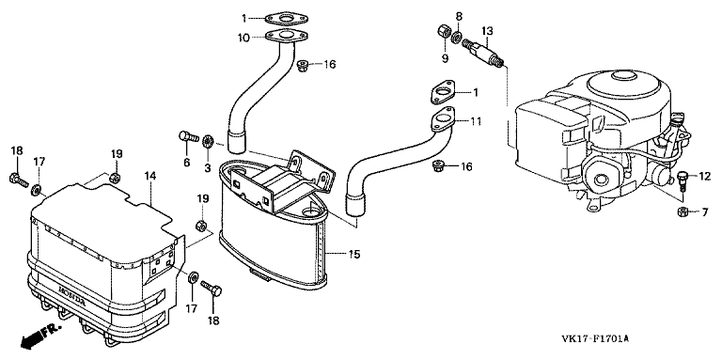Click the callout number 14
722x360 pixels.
pyautogui.click(x=150, y=176)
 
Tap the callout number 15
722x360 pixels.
pyautogui.click(x=354, y=254)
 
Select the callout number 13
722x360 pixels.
pyautogui.click(x=488, y=31)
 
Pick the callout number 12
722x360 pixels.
pyautogui.click(x=705, y=176)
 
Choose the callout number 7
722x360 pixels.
pyautogui.click(x=704, y=212)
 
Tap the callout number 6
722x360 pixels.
pyautogui.click(x=187, y=163)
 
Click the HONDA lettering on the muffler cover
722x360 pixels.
pyautogui.click(x=71, y=297)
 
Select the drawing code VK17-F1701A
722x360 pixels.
pyautogui.click(x=595, y=339)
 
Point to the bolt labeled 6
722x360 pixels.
pyautogui.click(x=187, y=136)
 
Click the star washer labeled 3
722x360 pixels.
pyautogui.click(x=207, y=139)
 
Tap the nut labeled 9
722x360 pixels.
pyautogui.click(x=444, y=32)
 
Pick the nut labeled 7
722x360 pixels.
pyautogui.click(x=683, y=211)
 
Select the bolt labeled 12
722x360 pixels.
pyautogui.click(x=683, y=180)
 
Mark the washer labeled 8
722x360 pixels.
pyautogui.click(x=457, y=37)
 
